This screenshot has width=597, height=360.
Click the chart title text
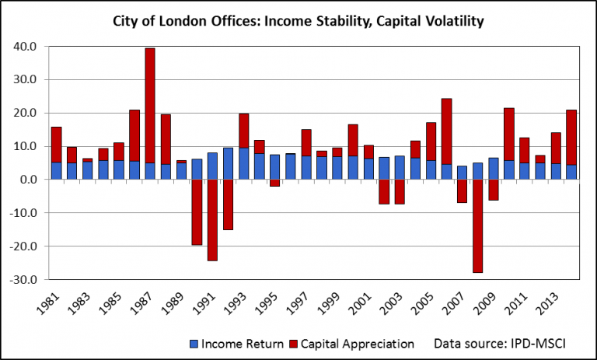click(x=298, y=21)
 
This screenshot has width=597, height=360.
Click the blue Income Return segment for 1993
click(x=243, y=163)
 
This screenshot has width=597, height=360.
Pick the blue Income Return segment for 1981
click(x=56, y=170)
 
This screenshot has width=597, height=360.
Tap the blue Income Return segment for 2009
click(x=493, y=168)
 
